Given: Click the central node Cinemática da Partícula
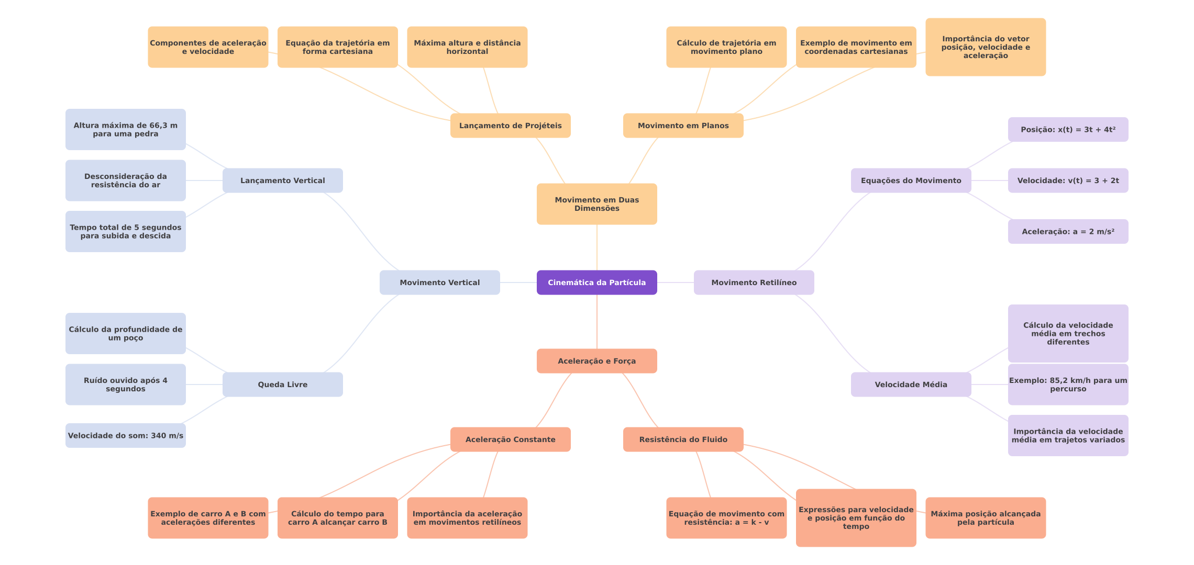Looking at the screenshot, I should click(x=596, y=282).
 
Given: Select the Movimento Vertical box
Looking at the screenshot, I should click(x=439, y=282).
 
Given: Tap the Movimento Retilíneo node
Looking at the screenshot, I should click(x=754, y=282).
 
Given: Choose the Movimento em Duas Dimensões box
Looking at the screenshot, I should click(x=596, y=204).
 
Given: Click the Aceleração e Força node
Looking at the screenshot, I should click(x=596, y=361).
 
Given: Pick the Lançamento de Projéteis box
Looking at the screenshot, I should click(x=510, y=126).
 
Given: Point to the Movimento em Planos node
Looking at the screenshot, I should click(x=683, y=126).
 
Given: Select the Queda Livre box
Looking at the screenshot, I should click(x=282, y=385).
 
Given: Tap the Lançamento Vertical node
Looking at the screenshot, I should click(x=282, y=180).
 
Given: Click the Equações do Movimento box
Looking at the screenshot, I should click(x=911, y=180).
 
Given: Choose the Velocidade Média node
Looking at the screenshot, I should click(x=911, y=385).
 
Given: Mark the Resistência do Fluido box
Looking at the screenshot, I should click(x=683, y=439).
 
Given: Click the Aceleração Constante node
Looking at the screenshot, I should click(x=510, y=439).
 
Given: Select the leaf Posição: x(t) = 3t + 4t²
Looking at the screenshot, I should click(x=1068, y=130).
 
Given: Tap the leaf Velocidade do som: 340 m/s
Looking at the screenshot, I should click(x=125, y=436).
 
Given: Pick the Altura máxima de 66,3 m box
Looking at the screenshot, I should click(x=125, y=130).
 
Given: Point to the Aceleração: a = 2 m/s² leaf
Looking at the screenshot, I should click(x=1068, y=232).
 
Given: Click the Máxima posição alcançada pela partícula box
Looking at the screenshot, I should click(x=985, y=518).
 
